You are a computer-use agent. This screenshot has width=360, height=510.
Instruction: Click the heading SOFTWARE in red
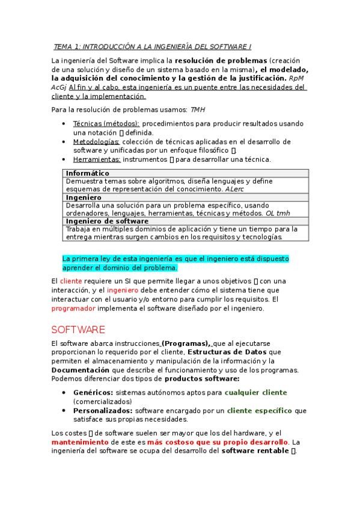pyautogui.click(x=78, y=330)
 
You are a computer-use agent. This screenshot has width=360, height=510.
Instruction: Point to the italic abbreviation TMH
pyautogui.click(x=198, y=109)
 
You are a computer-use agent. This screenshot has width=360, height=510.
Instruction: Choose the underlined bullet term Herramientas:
pyautogui.click(x=97, y=159)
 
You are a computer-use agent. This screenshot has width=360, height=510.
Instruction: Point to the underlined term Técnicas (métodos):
pyautogui.click(x=106, y=123)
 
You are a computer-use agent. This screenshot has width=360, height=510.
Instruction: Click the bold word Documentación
pyautogui.click(x=81, y=370)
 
